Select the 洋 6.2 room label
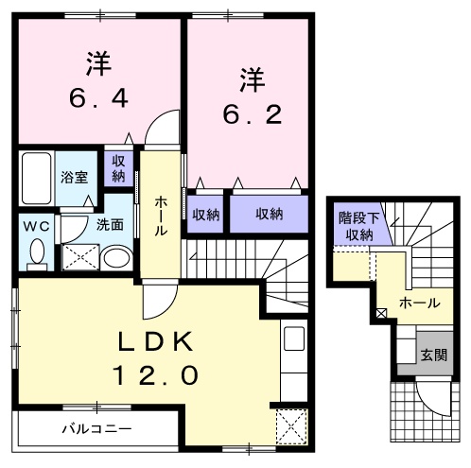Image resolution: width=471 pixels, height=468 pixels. pyautogui.click(x=250, y=96)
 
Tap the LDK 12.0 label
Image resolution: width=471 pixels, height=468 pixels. pyautogui.click(x=157, y=358)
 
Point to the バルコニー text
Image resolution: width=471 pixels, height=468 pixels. pyautogui.click(x=97, y=428)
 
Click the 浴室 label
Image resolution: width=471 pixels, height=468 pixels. pyautogui.click(x=74, y=176)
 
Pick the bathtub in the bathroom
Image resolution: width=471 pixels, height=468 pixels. pyautogui.click(x=37, y=179)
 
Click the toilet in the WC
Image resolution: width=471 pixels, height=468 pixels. pyautogui.click(x=36, y=252)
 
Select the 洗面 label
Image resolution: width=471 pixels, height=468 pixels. pyautogui.click(x=110, y=225)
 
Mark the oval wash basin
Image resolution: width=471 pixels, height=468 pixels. pyautogui.click(x=116, y=257)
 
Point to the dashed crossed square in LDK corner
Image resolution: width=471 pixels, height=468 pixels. pyautogui.click(x=289, y=422)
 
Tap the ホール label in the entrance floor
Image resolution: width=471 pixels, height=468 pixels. pyautogui.click(x=419, y=303)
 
